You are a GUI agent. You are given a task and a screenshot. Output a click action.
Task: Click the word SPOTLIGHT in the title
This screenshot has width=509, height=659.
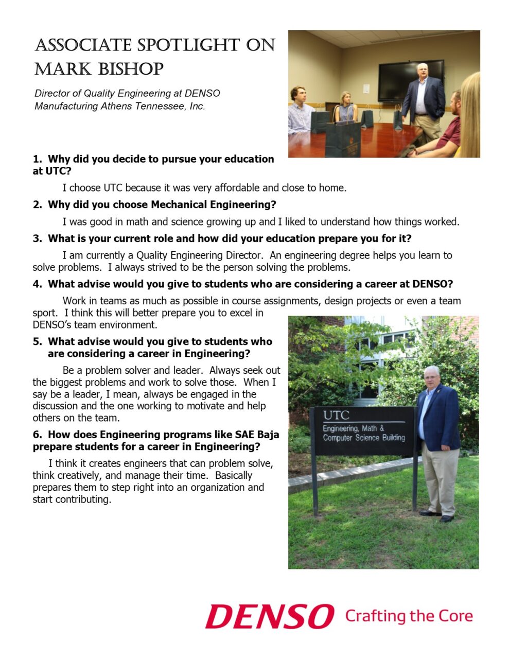point(188,45)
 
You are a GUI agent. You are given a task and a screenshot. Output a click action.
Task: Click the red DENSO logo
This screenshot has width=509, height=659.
point(269,616)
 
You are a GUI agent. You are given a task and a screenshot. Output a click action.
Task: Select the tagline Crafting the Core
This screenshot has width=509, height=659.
point(409,616)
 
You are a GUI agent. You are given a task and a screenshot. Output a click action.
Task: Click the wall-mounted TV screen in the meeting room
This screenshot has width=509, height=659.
point(410,81)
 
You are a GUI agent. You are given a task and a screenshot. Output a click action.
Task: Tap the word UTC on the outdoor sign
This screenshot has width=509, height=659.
point(336,415)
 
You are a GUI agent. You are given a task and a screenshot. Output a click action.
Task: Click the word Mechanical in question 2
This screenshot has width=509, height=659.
point(177,205)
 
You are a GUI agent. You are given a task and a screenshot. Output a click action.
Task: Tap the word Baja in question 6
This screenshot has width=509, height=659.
point(268,435)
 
